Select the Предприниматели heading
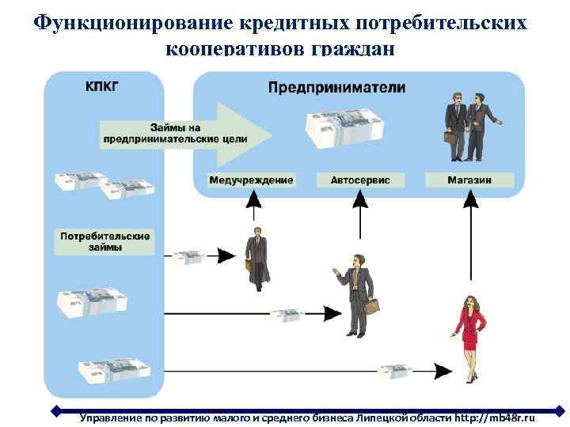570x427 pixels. click(x=336, y=88)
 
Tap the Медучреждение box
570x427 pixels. click(x=251, y=180)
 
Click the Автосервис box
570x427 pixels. click(x=360, y=180)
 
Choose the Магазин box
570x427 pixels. click(x=469, y=180)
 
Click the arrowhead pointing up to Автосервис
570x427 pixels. click(x=360, y=202)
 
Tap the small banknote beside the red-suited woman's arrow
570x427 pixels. click(x=394, y=371)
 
